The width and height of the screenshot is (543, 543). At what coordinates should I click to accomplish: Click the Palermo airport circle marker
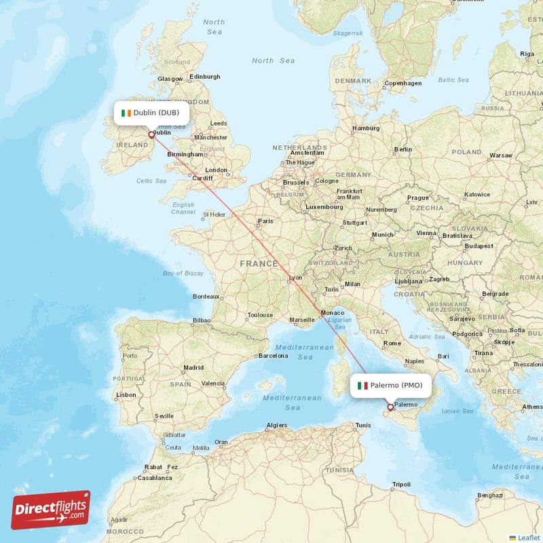pyautogui.click(x=390, y=408)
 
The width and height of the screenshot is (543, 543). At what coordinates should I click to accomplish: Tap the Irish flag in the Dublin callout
pyautogui.click(x=126, y=113)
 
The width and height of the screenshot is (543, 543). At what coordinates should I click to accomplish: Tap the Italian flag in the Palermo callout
pyautogui.click(x=363, y=386)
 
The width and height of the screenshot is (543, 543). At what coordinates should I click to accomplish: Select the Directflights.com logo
pyautogui.click(x=50, y=510)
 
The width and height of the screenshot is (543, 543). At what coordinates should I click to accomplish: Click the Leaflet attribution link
pyautogui.click(x=529, y=537)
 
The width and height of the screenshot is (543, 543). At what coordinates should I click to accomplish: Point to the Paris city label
pyautogui.click(x=265, y=221)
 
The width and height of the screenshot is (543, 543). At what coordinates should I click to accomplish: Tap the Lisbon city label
pyautogui.click(x=126, y=394)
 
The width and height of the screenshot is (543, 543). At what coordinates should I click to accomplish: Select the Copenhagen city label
pyautogui.click(x=403, y=83)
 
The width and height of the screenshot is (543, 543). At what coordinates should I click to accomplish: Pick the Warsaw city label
pyautogui.click(x=501, y=155)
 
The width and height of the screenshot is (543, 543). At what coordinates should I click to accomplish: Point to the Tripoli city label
pyautogui.click(x=401, y=485)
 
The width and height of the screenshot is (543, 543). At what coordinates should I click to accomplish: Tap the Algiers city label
pyautogui.click(x=277, y=425)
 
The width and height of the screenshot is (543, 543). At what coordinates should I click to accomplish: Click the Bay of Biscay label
pyautogui.click(x=183, y=273)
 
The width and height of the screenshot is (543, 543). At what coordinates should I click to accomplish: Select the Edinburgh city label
pyautogui.click(x=205, y=77)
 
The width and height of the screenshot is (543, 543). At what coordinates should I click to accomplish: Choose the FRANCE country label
pyautogui.click(x=258, y=263)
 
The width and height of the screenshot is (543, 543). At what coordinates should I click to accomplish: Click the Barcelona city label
pyautogui.click(x=274, y=355)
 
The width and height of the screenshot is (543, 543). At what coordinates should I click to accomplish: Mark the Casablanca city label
pyautogui.click(x=153, y=477)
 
